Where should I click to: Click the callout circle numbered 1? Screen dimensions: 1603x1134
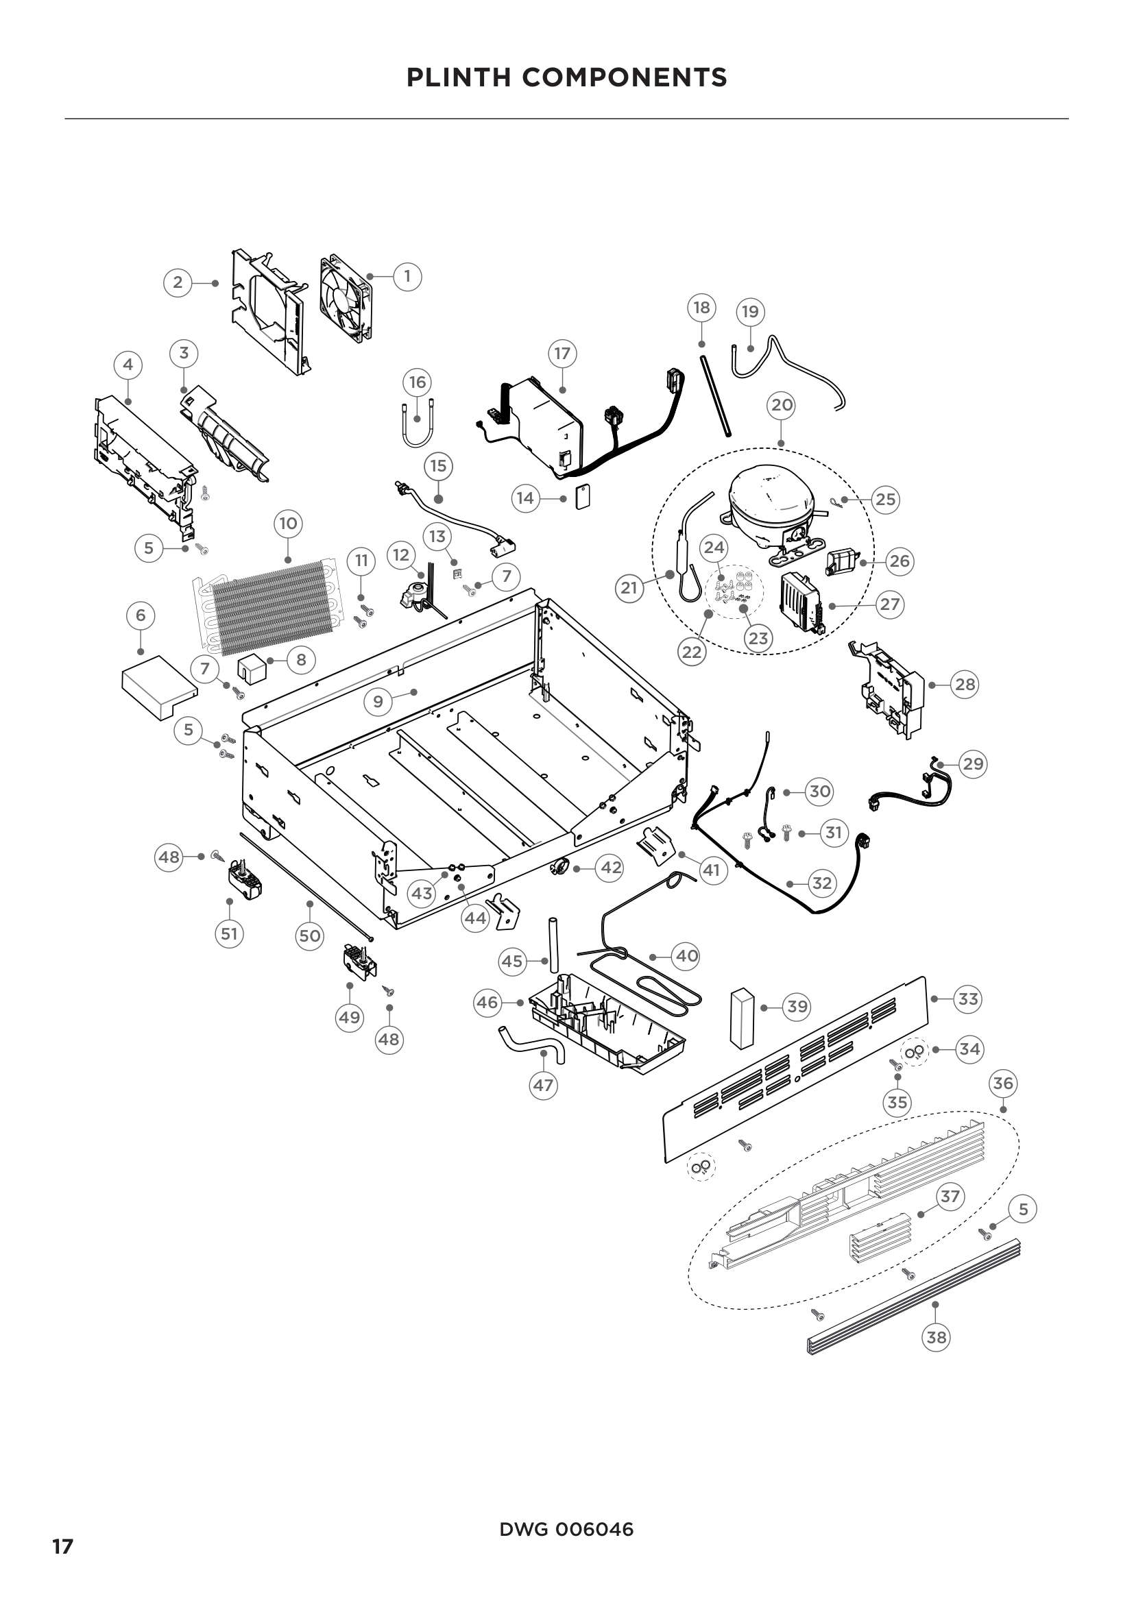click(x=408, y=276)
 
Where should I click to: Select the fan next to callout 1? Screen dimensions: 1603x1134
click(x=346, y=298)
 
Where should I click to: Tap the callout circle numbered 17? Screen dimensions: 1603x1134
click(x=563, y=353)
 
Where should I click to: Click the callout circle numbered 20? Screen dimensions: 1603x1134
click(x=782, y=405)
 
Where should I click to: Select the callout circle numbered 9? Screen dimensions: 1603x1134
click(x=378, y=701)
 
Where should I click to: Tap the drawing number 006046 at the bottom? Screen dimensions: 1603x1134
click(x=594, y=1530)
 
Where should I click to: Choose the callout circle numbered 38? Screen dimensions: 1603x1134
click(x=936, y=1337)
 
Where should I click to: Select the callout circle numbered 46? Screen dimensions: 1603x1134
click(x=487, y=1003)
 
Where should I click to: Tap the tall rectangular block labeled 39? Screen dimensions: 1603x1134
click(x=743, y=1018)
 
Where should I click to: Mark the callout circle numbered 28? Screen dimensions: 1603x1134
click(x=965, y=685)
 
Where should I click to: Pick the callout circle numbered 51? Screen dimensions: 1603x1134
click(x=229, y=933)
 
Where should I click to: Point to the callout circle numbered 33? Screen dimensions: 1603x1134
click(x=968, y=999)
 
